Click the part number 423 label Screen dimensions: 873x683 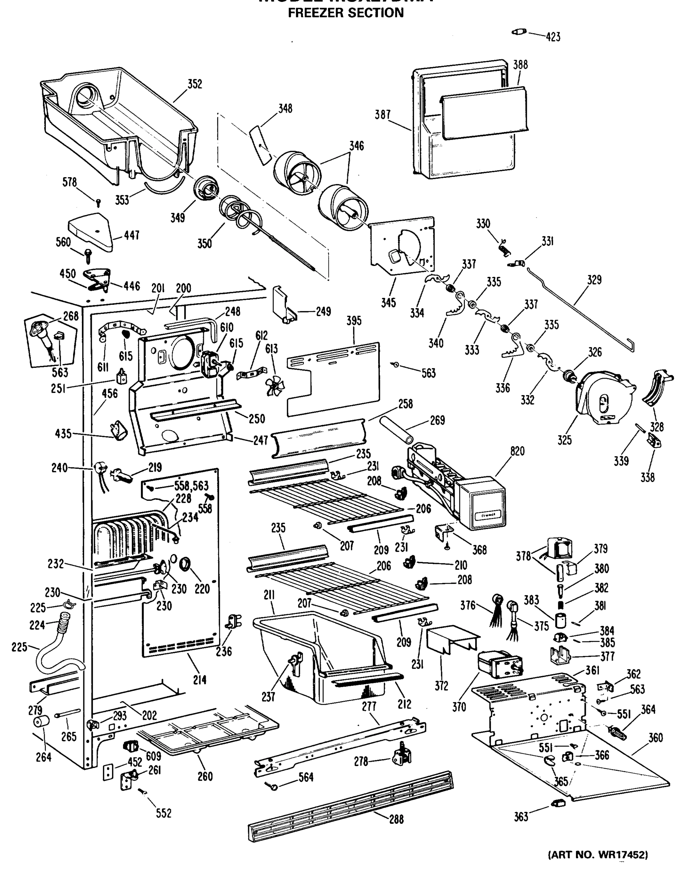tap(553, 37)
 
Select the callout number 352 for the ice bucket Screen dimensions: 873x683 tap(195, 84)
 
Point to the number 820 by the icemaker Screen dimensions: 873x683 tap(517, 451)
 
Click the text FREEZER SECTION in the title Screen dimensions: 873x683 tap(346, 13)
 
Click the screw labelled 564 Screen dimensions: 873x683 tap(273, 786)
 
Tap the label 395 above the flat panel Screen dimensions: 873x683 tap(354, 320)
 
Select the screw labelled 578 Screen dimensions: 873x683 tap(99, 203)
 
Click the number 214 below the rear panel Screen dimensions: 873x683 tap(200, 679)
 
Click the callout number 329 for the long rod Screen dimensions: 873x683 tap(594, 280)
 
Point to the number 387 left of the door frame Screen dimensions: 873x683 tap(382, 115)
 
